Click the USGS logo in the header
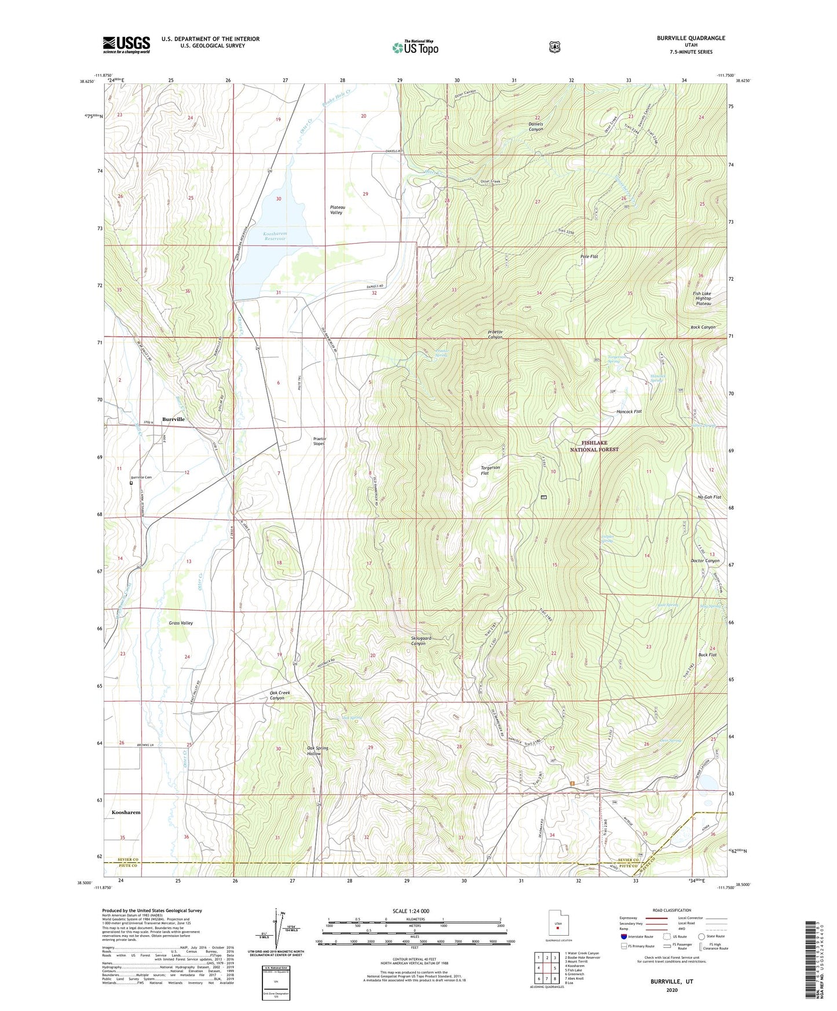126,45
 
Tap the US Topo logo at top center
415,47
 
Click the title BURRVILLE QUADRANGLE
690,38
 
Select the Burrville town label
173,419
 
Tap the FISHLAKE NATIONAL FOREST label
594,446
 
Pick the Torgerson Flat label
490,470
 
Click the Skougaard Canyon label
421,640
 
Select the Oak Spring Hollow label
317,750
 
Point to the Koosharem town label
126,812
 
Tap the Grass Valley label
181,623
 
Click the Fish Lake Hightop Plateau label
703,298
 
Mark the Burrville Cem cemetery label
141,478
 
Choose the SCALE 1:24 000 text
411,911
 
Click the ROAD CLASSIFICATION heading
671,910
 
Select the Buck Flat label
707,654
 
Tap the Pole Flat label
589,256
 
